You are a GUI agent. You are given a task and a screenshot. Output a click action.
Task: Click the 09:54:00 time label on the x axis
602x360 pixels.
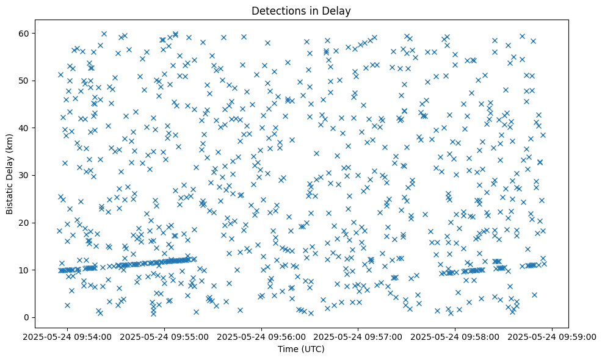pos(68,336)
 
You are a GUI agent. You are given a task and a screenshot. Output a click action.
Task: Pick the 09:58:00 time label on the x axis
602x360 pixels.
pos(455,336)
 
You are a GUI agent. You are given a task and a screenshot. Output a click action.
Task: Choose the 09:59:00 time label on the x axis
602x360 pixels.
pos(553,336)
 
